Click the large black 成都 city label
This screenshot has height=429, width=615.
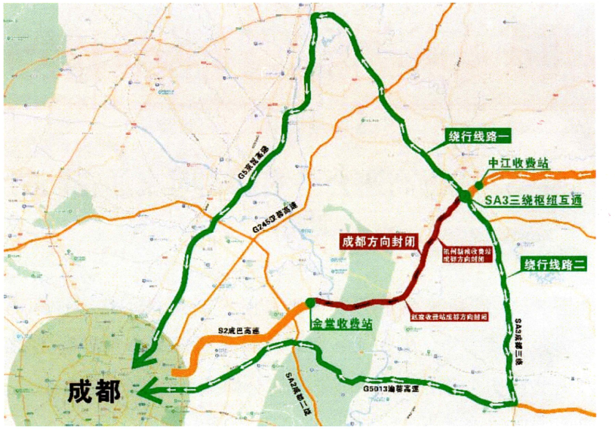94,391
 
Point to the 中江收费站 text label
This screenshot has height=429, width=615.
518,163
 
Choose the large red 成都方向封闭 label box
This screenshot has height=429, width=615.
378,241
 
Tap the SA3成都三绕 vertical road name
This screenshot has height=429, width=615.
519,341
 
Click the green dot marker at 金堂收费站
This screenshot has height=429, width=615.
309,302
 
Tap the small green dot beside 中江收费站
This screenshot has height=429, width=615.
479,184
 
